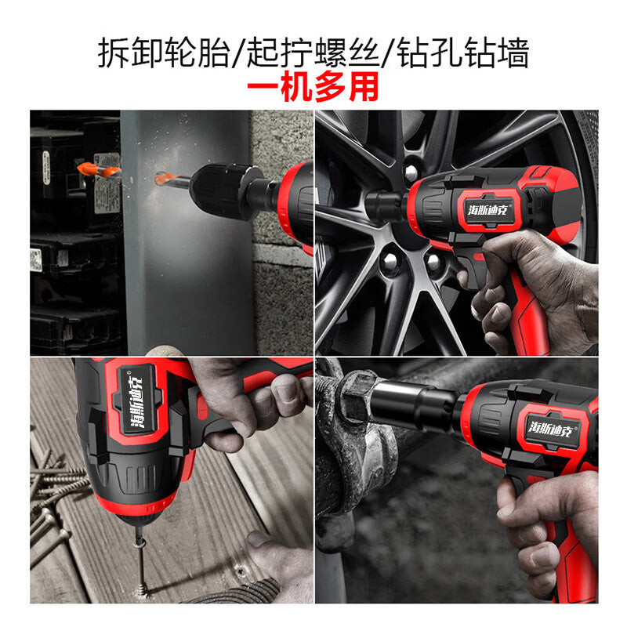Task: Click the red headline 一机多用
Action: [x=313, y=87]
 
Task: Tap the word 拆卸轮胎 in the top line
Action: [x=164, y=53]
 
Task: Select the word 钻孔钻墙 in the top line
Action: [x=463, y=53]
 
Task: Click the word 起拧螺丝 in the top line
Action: [x=313, y=53]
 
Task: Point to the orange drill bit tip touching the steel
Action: [x=163, y=179]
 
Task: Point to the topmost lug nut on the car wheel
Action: [x=411, y=172]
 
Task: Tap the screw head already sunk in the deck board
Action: [x=241, y=571]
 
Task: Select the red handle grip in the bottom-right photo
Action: [x=572, y=560]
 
